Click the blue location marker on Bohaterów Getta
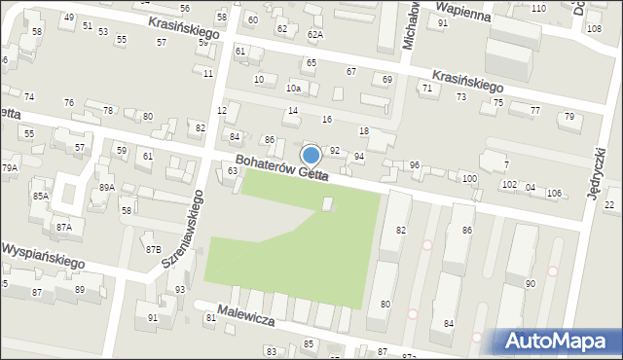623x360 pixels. (x=311, y=155)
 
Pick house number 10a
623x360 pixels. (x=292, y=89)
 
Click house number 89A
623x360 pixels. (x=106, y=187)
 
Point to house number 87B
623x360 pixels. (x=154, y=249)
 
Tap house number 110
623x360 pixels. (x=538, y=8)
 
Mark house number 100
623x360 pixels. (x=469, y=179)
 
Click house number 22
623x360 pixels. (x=609, y=204)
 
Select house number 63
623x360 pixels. (x=232, y=171)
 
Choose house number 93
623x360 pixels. (x=179, y=290)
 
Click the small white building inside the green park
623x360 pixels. (x=327, y=203)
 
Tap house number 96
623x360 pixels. (x=414, y=165)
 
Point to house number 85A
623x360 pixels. (x=40, y=196)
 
